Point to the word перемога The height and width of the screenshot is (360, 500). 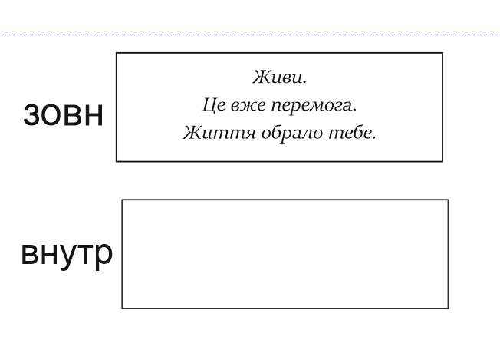(x=312, y=106)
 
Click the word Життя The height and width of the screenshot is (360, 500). (x=219, y=133)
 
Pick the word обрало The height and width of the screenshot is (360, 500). (x=291, y=133)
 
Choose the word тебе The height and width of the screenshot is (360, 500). (x=350, y=133)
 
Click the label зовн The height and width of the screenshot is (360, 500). (x=63, y=115)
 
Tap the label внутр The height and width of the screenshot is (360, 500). (x=67, y=254)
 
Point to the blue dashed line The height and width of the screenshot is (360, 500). (x=250, y=35)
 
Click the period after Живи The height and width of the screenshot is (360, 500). (x=305, y=83)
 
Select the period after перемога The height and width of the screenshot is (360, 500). (x=354, y=111)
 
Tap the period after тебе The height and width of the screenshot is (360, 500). (x=374, y=138)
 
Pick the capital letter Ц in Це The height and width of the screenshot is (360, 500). (x=210, y=105)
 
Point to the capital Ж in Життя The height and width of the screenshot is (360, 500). (x=192, y=133)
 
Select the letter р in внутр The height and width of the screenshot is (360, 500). (x=104, y=256)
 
